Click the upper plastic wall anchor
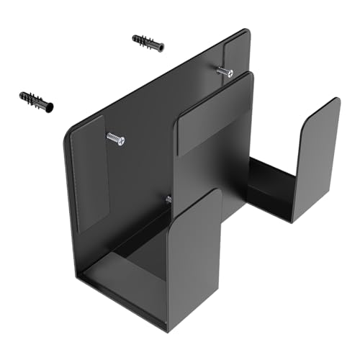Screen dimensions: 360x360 [148, 43]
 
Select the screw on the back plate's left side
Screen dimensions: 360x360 [115, 138]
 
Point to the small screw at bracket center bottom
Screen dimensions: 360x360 [167, 199]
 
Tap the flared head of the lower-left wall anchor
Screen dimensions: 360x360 [51, 106]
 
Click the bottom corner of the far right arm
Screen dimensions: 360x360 [292, 220]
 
